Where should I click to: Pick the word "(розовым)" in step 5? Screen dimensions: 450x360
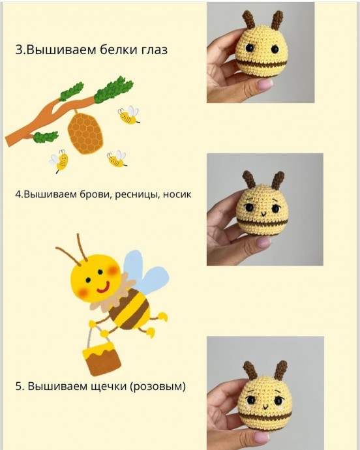pyautogui.click(x=158, y=386)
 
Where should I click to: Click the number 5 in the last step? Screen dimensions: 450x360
pyautogui.click(x=18, y=386)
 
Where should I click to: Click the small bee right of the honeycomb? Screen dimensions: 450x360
pyautogui.click(x=128, y=116)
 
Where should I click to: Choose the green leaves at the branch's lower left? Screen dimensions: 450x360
pyautogui.click(x=46, y=137)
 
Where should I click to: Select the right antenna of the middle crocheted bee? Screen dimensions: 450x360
pyautogui.click(x=278, y=178)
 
